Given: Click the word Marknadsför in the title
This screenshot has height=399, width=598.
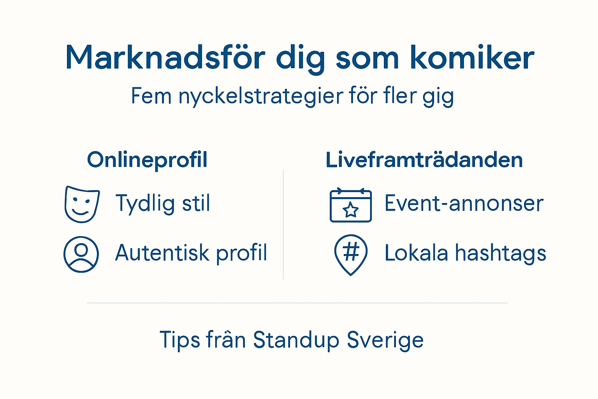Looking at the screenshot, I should pos(165,58).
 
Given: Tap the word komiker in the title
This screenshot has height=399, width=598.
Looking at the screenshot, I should pos(472,58).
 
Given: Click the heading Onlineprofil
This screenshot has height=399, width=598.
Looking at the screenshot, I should pos(147,160).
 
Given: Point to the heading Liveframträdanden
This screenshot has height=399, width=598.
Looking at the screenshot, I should pos(424,160).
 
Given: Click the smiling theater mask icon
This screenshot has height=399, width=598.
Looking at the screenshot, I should pos(82,204).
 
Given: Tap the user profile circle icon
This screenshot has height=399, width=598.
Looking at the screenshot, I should pos(81,254).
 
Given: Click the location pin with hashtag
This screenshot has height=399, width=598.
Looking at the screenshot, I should pos(351,254).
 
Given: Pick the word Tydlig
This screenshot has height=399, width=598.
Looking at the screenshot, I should pos(145,203).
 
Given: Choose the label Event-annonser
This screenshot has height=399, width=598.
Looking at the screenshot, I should pos(464,203).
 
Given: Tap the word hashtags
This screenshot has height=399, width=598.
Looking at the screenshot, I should pos(501,253).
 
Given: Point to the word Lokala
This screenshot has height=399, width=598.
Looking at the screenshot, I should pos(416,253).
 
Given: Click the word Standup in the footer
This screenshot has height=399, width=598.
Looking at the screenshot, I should pos(296,340).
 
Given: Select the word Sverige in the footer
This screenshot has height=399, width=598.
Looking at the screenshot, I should pos(385,340).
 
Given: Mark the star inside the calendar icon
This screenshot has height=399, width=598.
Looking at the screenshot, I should pos(351,210).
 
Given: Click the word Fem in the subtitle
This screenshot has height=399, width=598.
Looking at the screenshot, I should pos(151,96).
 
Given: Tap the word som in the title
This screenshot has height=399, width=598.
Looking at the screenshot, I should pos(367,58).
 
